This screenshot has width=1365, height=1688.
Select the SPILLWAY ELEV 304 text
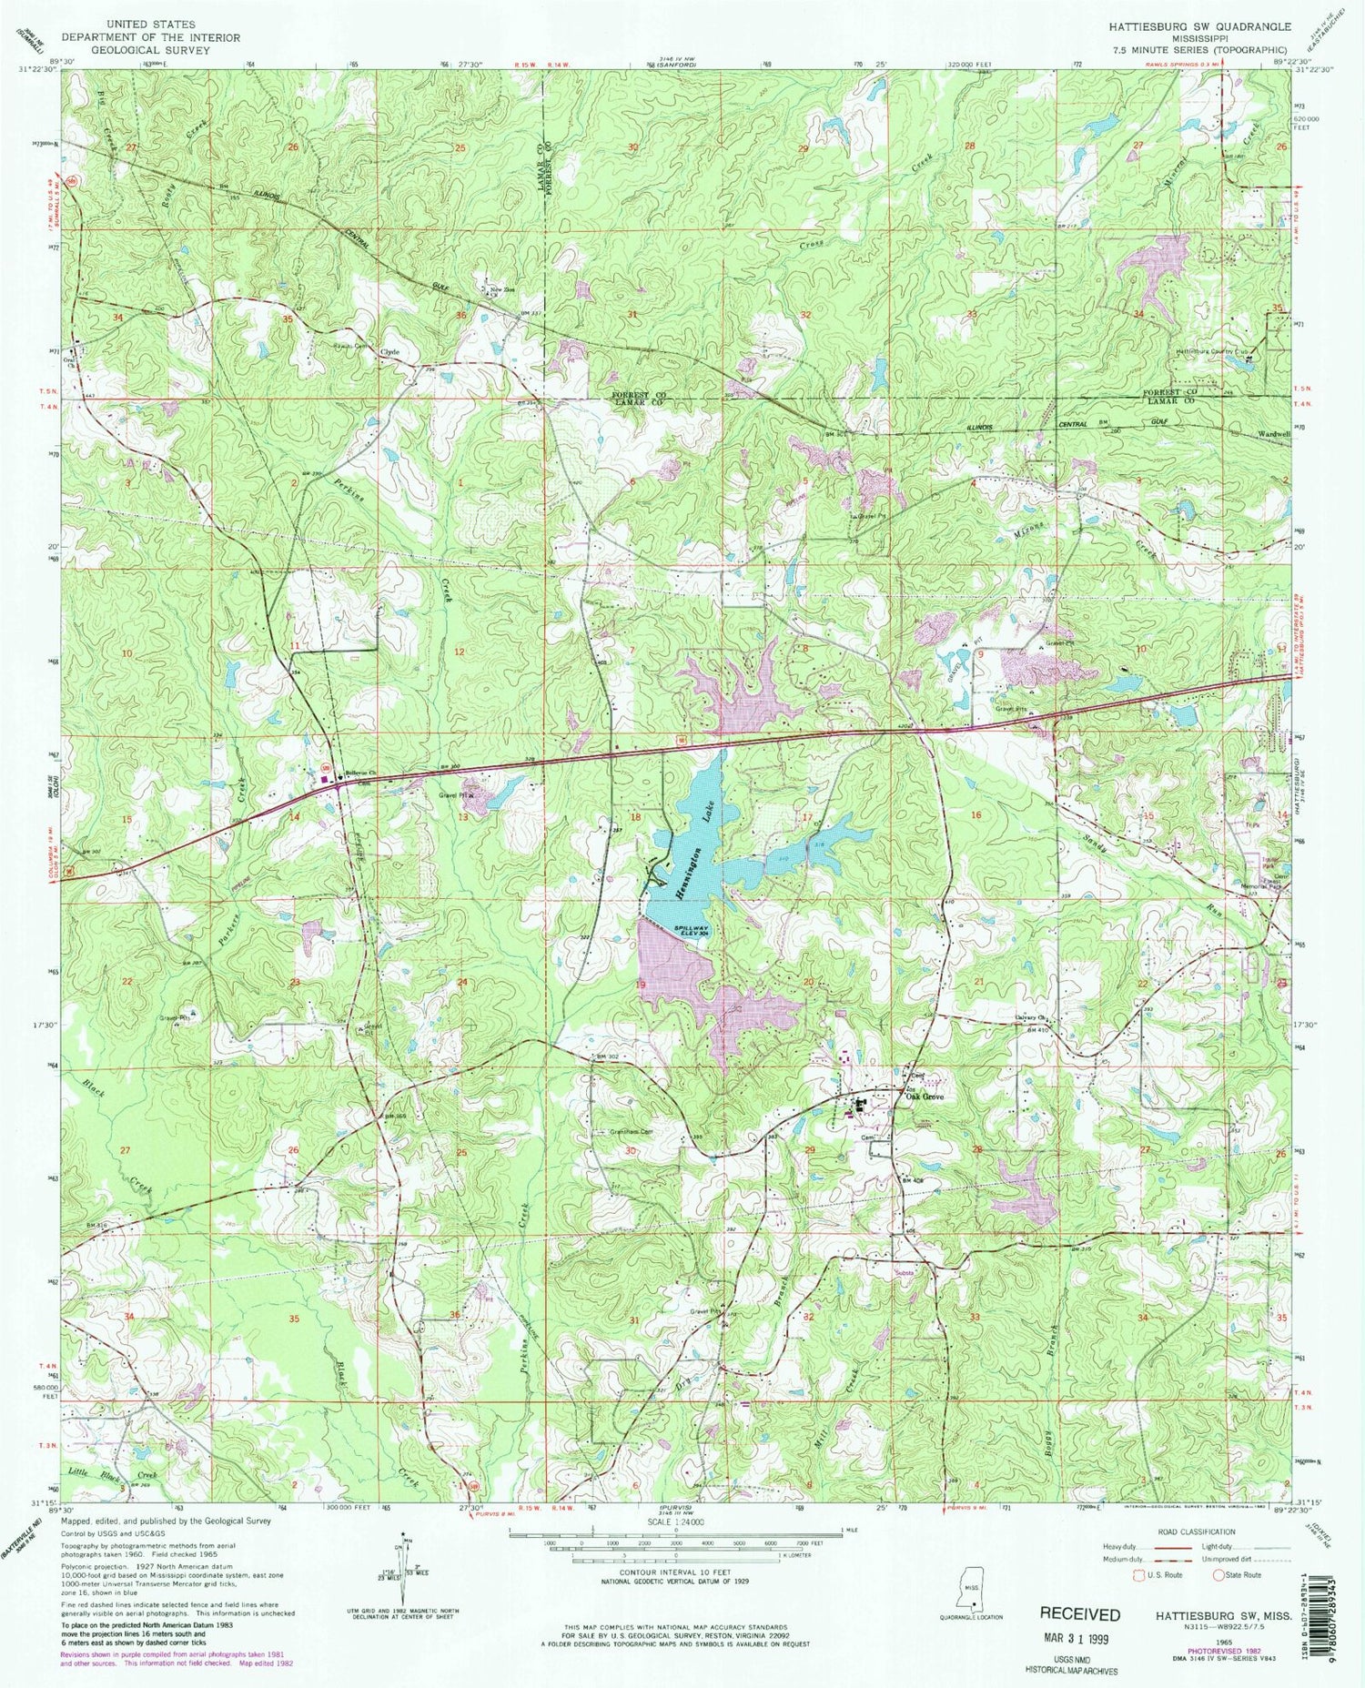tap(691, 932)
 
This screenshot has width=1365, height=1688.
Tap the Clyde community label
tap(390, 351)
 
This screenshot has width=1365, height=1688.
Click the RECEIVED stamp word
tap(1079, 1614)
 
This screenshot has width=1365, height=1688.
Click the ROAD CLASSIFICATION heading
tap(1195, 1531)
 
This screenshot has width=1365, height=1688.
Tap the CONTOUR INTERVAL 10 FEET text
tap(681, 1572)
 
